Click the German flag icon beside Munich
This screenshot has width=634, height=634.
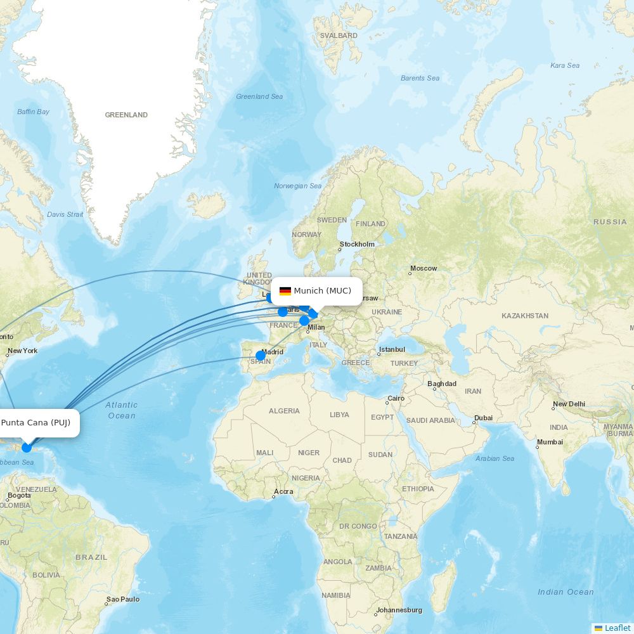285,291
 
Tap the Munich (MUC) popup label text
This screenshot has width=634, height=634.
322,291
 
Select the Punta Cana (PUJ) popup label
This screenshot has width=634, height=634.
36,423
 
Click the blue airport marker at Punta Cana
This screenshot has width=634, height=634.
27,448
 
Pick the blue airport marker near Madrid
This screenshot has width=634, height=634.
261,356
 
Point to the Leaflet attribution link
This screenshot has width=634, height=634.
617,628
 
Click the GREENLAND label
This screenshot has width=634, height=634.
126,115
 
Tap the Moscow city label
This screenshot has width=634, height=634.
424,268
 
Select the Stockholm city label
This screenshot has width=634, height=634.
357,244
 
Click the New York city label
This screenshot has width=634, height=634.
22,351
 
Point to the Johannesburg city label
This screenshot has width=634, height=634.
399,610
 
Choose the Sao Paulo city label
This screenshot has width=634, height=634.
123,599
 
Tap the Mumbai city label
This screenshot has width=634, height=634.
550,442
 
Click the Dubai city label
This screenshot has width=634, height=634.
483,418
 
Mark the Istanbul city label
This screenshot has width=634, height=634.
392,349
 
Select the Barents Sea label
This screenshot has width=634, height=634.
420,78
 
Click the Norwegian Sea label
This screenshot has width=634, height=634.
297,186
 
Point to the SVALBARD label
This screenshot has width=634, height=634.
339,36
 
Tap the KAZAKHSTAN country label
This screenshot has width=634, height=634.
525,316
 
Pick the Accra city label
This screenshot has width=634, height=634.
283,491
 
